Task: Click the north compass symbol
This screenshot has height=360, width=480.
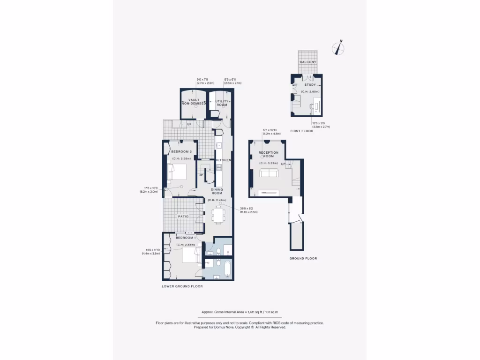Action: tap(337, 48)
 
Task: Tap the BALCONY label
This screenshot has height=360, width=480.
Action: tap(308, 62)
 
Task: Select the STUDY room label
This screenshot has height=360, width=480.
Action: tap(310, 85)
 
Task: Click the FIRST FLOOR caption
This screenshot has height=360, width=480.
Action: tap(301, 131)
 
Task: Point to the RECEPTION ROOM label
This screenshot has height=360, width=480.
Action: tap(269, 155)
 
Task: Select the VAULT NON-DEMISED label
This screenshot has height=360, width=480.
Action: tap(194, 102)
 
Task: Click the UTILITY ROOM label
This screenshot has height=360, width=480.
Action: tap(222, 103)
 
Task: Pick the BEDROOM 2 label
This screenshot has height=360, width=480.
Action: tap(181, 152)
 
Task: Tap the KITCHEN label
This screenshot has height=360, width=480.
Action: tap(224, 160)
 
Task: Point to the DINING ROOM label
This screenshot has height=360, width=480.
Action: tap(217, 191)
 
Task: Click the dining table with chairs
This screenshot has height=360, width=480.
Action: tap(217, 214)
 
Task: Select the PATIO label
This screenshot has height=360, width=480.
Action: tap(183, 217)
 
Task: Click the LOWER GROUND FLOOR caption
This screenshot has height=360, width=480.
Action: tap(182, 286)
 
